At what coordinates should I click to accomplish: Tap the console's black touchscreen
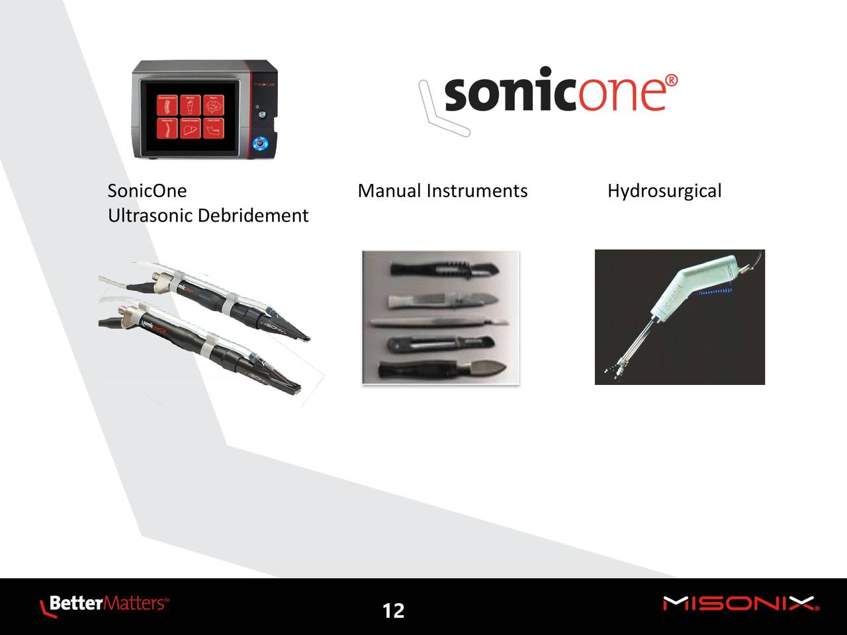tap(191, 115)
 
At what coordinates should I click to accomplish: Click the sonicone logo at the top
tap(549, 97)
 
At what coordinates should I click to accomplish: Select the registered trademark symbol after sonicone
tap(671, 81)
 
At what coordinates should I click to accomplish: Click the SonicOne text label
tap(147, 191)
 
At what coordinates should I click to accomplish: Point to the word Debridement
tap(253, 216)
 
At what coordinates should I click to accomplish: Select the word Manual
tap(388, 191)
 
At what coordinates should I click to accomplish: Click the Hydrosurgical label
tap(664, 192)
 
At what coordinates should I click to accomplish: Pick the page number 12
tap(393, 611)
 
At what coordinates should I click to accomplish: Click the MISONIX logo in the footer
tap(740, 604)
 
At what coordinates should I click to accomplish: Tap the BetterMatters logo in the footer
tap(105, 605)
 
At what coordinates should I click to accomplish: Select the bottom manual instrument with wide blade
tap(442, 369)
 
